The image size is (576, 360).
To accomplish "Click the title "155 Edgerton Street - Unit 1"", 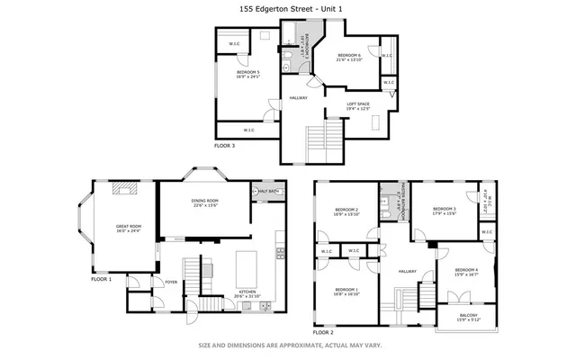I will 287,8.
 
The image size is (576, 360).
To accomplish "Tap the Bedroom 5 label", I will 248,73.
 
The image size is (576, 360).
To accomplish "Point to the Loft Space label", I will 358,104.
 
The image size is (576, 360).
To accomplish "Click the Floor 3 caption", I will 225,145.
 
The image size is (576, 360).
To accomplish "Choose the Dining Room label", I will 205,202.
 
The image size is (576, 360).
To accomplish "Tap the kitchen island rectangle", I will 246,267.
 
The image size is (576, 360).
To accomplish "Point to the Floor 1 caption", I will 102,279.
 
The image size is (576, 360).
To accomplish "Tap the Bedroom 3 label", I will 443,210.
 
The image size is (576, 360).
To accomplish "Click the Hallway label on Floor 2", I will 409,271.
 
